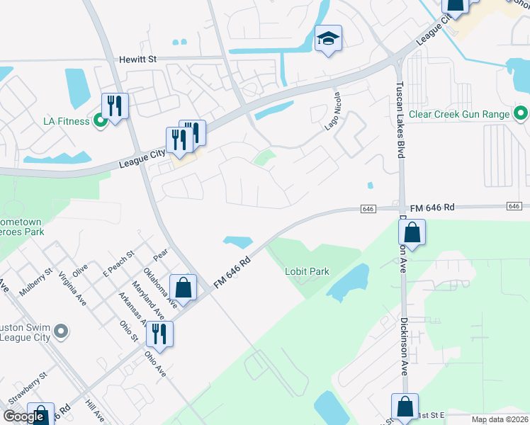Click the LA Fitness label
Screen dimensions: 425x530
(x=66, y=121)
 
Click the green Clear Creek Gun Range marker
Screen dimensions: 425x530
(x=521, y=113)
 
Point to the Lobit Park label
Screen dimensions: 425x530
(x=308, y=271)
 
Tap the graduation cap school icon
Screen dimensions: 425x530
(x=328, y=38)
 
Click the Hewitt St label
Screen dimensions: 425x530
(x=137, y=59)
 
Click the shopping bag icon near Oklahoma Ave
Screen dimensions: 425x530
(x=183, y=288)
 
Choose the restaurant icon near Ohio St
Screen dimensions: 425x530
(x=159, y=334)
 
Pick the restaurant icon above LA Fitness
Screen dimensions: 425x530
(x=115, y=106)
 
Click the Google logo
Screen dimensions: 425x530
(x=23, y=416)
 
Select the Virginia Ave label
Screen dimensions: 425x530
(x=72, y=289)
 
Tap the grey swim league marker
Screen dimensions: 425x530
(x=61, y=331)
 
